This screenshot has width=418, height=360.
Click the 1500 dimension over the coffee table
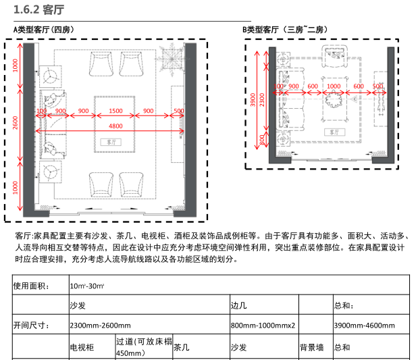(x=115, y=111)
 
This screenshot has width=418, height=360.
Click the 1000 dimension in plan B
(x=333, y=86)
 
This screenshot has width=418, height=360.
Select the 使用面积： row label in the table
(x=31, y=286)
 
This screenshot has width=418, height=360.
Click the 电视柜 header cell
(x=82, y=348)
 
